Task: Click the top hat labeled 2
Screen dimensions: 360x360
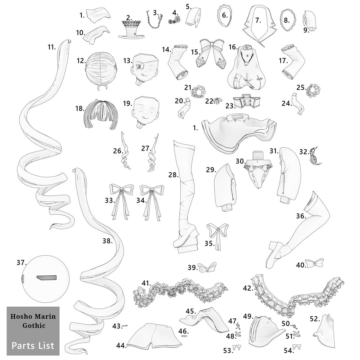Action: click(x=132, y=30)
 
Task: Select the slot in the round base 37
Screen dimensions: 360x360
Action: click(x=46, y=278)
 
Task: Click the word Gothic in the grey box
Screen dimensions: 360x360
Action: click(x=34, y=325)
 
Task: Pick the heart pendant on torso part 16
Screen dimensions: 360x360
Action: click(x=247, y=64)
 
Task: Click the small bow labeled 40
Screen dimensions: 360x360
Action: click(x=314, y=263)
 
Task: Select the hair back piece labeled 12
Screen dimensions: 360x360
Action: click(x=101, y=70)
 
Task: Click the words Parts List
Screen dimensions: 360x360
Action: click(x=33, y=346)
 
